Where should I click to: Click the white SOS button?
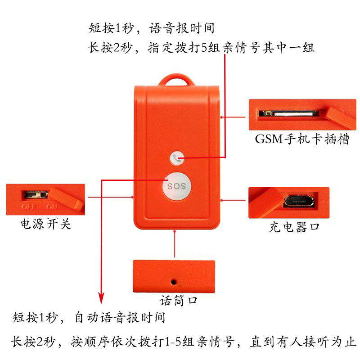tap(176, 185)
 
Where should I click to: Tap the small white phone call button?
tap(177, 157)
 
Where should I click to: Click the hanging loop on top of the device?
tap(176, 81)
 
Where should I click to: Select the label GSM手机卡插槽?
tap(302, 139)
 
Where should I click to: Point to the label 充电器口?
tap(294, 226)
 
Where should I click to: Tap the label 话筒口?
tap(179, 300)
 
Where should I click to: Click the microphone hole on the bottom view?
tap(173, 282)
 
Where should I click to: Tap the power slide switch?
tap(35, 195)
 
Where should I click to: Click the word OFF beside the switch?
tap(28, 207)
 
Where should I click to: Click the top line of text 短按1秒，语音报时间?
tap(151, 29)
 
